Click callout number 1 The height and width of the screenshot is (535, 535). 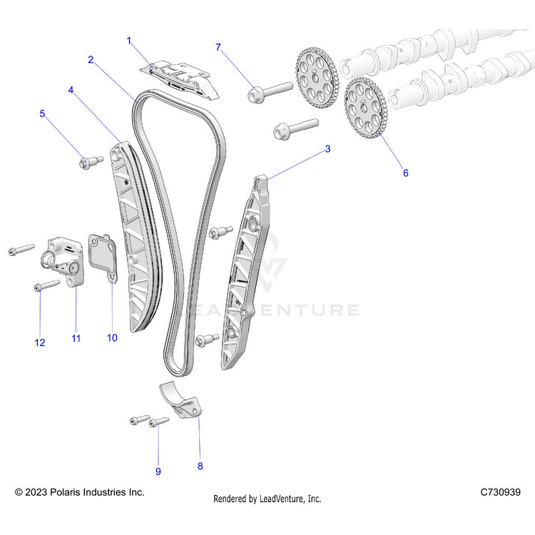click(x=129, y=41)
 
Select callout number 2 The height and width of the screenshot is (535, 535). click(x=91, y=60)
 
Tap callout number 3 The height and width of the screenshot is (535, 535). click(x=327, y=149)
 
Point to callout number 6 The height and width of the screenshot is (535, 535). click(x=406, y=173)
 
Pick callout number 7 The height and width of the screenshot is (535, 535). click(x=218, y=47)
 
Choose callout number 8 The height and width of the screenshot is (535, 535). click(x=200, y=466)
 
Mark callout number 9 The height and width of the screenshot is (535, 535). click(x=158, y=472)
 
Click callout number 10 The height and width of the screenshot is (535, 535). click(x=112, y=337)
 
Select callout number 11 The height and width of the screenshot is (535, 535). click(x=76, y=338)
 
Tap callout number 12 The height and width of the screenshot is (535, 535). click(x=40, y=343)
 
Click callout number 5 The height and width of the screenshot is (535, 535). click(x=42, y=113)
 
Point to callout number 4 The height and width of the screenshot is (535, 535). click(x=71, y=91)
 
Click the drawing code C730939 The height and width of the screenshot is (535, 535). click(x=500, y=492)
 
